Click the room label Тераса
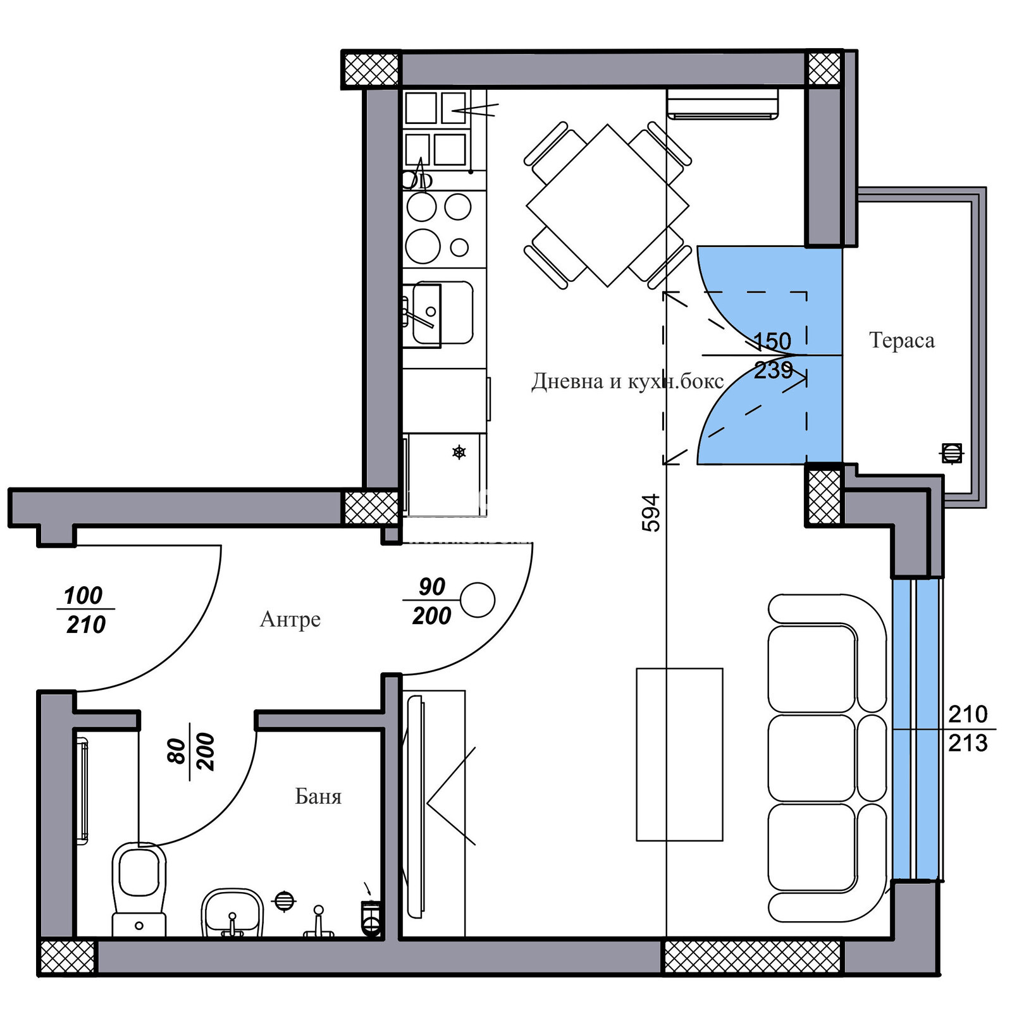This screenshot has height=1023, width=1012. coord(901,340)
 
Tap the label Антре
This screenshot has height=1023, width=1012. coord(290,619)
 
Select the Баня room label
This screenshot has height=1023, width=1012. coord(318,796)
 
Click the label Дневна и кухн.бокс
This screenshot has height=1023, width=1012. coord(627,381)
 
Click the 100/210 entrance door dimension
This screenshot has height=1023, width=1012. coord(85,610)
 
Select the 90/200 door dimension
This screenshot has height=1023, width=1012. coord(432,601)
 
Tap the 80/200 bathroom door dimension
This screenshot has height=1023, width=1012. coord(191,751)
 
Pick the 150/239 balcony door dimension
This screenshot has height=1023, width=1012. coord(773,355)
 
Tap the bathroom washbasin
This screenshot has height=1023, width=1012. coord(232,912)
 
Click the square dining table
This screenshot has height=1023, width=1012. coord(607,205)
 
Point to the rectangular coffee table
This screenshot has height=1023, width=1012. coord(679,754)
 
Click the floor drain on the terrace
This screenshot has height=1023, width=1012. coord(952,453)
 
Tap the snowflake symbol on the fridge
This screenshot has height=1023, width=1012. coord(459,452)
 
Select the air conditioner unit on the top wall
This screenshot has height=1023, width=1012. coord(723,103)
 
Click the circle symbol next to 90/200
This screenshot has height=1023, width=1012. coord(478,599)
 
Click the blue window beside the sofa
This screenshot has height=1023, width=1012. coord(916,728)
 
